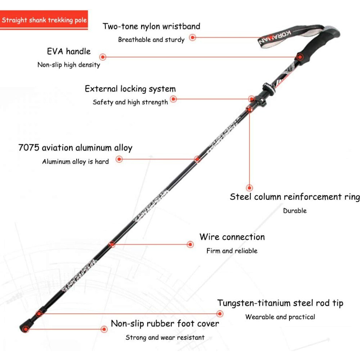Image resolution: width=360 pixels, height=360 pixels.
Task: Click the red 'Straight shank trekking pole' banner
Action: [44, 20]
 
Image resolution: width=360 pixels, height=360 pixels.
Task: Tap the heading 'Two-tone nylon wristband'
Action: [151, 27]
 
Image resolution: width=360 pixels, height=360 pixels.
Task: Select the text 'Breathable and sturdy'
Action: [151, 40]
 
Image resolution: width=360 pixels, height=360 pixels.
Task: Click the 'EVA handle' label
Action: [69, 51]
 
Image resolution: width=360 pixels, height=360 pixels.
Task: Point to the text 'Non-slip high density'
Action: [69, 65]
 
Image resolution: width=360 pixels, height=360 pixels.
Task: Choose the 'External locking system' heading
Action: [130, 89]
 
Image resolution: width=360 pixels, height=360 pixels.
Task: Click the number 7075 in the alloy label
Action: [29, 148]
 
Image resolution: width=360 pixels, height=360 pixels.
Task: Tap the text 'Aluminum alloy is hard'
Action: [75, 161]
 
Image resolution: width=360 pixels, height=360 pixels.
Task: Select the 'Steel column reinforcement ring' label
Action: [295, 197]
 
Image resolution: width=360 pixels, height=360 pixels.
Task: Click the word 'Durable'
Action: [295, 211]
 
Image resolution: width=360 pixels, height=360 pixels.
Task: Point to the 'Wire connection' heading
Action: [232, 237]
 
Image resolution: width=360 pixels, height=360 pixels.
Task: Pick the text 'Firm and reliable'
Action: [232, 251]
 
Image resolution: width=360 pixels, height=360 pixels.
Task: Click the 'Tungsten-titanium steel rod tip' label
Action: [280, 303]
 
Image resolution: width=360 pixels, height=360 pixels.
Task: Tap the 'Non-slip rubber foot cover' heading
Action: [165, 324]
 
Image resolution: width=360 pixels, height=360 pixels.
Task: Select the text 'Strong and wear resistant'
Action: [165, 337]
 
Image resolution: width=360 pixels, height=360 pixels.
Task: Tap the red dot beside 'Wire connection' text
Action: [190, 244]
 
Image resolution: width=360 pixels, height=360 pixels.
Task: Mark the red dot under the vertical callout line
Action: [249, 188]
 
